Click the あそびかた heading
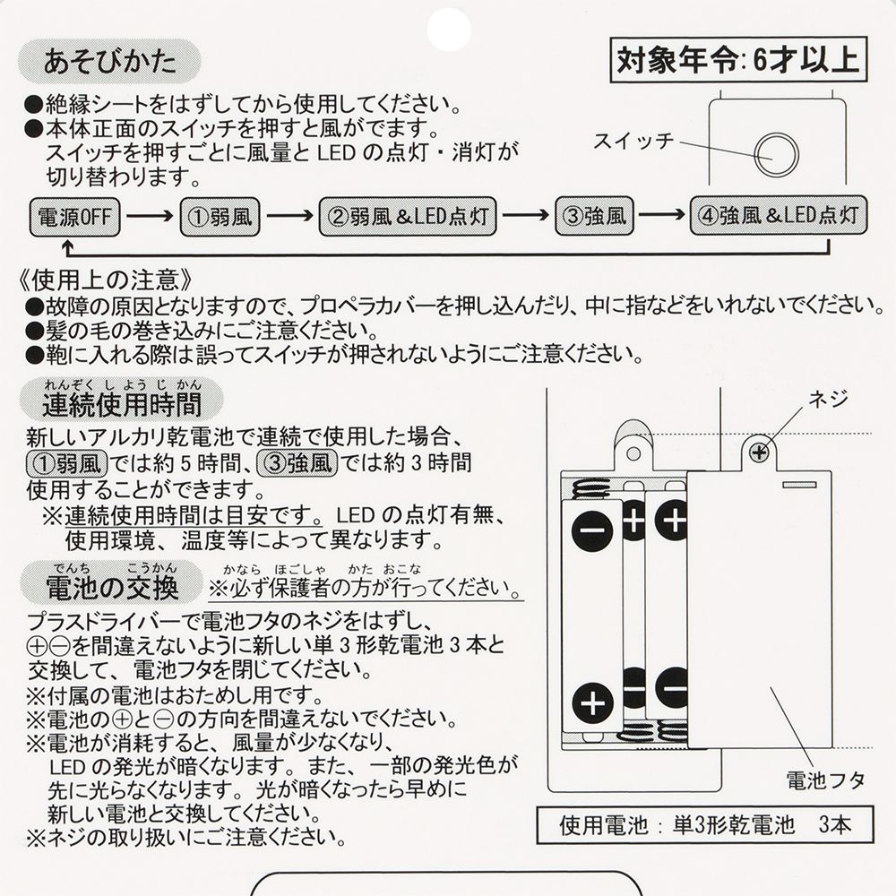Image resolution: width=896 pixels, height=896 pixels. [108, 62]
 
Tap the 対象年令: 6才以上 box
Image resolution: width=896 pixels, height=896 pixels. [737, 60]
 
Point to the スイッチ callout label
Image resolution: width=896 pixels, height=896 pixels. [633, 142]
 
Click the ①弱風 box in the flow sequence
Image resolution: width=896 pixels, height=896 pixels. [219, 217]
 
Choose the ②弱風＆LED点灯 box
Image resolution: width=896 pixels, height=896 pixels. [407, 217]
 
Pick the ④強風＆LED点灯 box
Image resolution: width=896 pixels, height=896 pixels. [778, 216]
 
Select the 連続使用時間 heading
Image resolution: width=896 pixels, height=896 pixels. [121, 405]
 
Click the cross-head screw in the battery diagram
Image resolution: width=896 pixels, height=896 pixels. [760, 452]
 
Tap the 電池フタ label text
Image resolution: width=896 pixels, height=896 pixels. [825, 778]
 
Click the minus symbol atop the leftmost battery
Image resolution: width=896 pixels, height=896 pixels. [591, 530]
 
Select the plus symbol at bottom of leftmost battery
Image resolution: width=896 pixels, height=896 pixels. [591, 703]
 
